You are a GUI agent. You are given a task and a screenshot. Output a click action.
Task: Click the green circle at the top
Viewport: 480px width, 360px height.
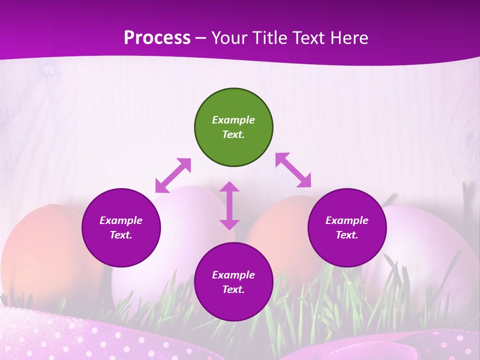pyautogui.click(x=233, y=127)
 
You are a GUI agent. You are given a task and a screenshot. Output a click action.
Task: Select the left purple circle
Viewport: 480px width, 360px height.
pyautogui.click(x=121, y=227)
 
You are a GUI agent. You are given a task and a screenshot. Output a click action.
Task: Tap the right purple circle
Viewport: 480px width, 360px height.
pyautogui.click(x=347, y=227)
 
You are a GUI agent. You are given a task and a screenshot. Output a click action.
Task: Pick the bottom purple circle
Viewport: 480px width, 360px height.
pyautogui.click(x=233, y=282)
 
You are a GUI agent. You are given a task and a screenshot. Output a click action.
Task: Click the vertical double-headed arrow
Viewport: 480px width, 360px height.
pyautogui.click(x=229, y=205)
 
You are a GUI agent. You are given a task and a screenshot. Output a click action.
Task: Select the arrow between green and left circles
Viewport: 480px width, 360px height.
pyautogui.click(x=173, y=175)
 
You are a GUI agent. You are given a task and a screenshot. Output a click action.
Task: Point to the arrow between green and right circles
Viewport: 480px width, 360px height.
pyautogui.click(x=293, y=170)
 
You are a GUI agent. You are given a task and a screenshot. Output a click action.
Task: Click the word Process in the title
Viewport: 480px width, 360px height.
pyautogui.click(x=157, y=37)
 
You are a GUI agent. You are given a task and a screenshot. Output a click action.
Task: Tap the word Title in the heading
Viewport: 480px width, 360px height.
pyautogui.click(x=268, y=37)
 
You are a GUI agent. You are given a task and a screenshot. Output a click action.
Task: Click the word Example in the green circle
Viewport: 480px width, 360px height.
pyautogui.click(x=233, y=120)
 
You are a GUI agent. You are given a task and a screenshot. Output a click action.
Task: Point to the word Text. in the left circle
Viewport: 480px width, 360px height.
pyautogui.click(x=121, y=235)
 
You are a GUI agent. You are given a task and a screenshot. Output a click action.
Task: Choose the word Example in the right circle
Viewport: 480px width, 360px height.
pyautogui.click(x=347, y=220)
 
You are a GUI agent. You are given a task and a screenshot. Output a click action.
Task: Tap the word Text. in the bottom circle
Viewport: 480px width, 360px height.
pyautogui.click(x=233, y=289)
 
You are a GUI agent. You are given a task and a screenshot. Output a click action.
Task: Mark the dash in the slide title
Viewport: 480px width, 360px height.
pyautogui.click(x=201, y=38)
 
